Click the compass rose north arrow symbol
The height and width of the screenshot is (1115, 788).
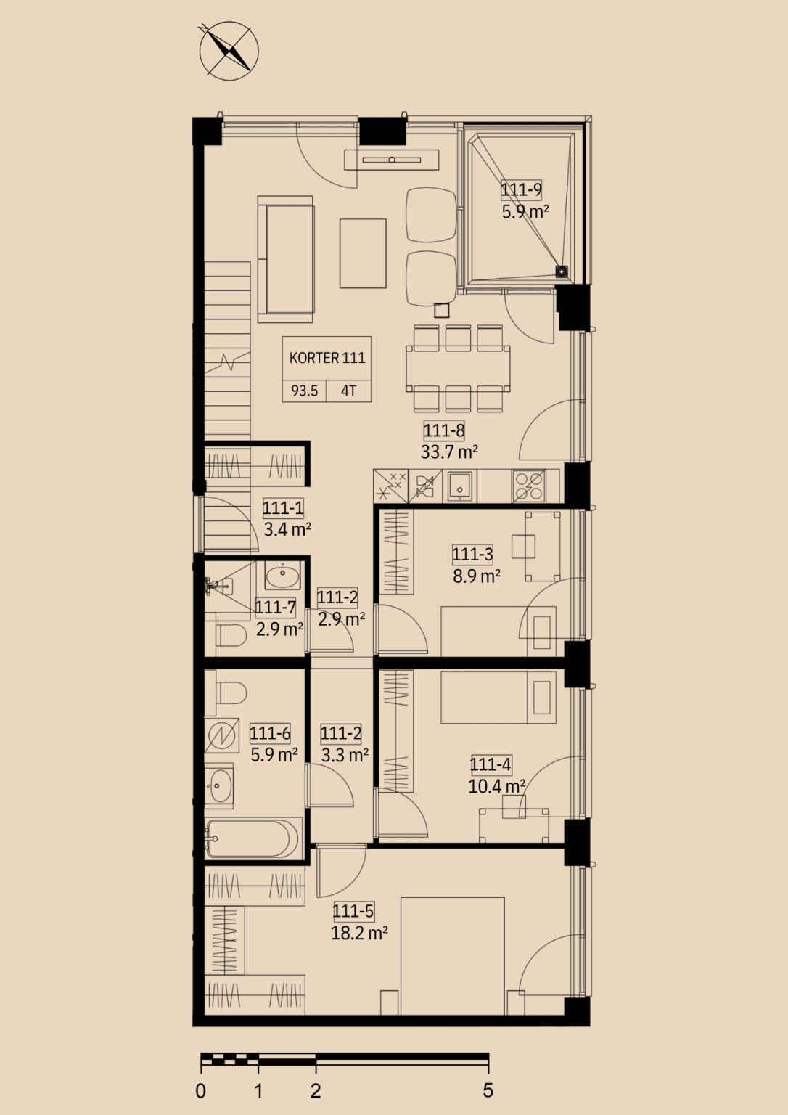tap(229, 50)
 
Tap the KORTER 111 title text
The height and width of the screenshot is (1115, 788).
tap(327, 358)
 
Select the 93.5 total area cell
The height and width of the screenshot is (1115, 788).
tap(304, 391)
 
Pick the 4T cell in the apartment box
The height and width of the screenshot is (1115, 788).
tap(349, 391)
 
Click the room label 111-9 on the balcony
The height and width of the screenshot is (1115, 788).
tap(521, 189)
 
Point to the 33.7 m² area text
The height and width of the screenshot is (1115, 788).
tap(449, 452)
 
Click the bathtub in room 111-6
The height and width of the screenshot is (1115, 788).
tap(253, 838)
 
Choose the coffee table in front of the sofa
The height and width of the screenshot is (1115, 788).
tap(363, 253)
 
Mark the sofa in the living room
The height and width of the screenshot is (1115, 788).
tap(286, 259)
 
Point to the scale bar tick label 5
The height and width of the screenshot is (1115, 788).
tap(488, 1091)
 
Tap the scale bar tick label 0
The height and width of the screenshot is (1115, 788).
tap(200, 1091)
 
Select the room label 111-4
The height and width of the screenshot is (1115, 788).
tap(491, 764)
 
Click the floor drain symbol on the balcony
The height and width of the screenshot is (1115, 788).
tap(561, 271)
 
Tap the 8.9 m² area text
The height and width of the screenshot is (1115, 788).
tap(477, 576)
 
